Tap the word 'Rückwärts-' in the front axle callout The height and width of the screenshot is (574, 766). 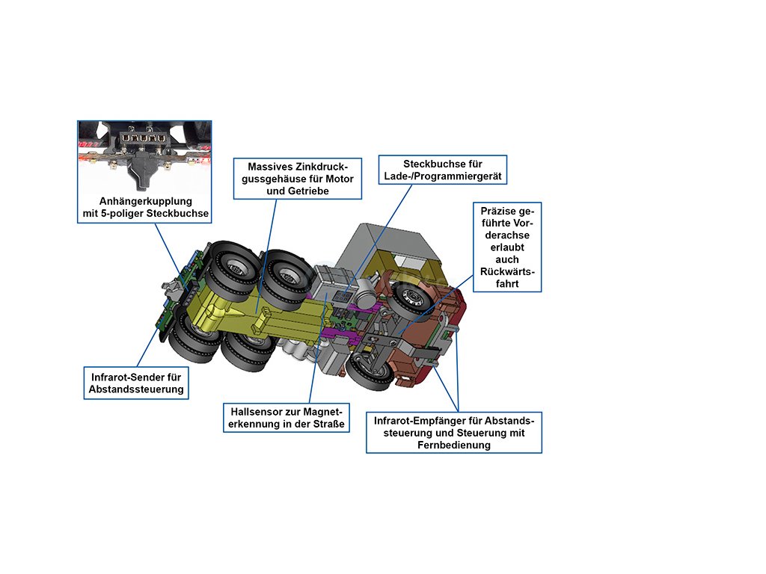(x=506, y=271)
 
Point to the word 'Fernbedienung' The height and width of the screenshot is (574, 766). (x=453, y=445)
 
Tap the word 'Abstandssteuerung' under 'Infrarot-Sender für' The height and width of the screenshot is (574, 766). (x=135, y=390)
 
